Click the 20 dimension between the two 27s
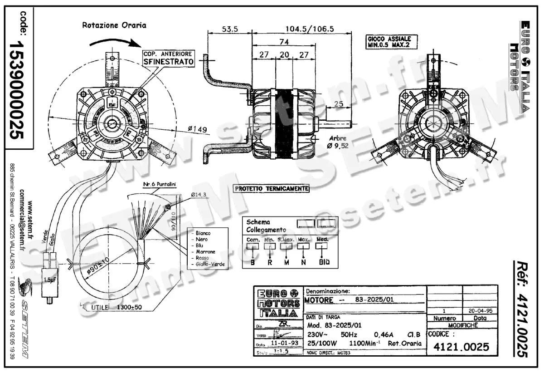tap(284, 54)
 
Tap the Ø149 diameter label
tap(198, 130)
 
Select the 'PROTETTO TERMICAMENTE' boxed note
tap(272, 188)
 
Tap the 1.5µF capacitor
tap(49, 280)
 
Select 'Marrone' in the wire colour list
tap(203, 251)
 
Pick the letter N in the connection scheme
tap(303, 262)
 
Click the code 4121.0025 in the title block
tap(461, 348)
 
